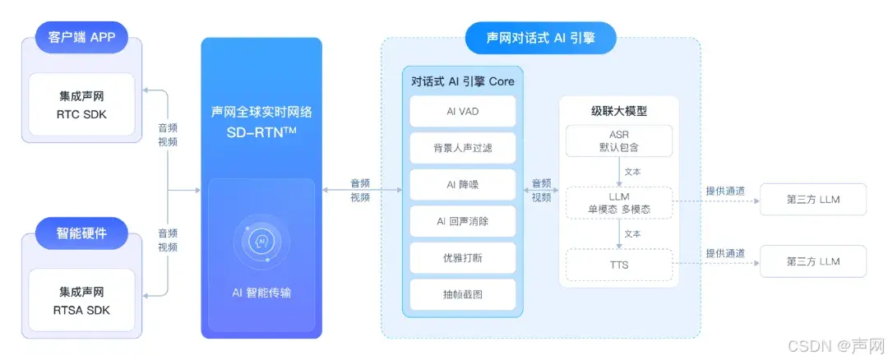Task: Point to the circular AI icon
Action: tap(261, 242)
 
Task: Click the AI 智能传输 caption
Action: tap(261, 293)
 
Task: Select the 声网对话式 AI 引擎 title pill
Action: tap(539, 38)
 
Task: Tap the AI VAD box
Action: tap(462, 111)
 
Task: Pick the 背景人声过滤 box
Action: tap(462, 148)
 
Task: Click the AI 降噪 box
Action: tap(462, 185)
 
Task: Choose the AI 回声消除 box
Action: tap(462, 221)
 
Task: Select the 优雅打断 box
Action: tap(462, 258)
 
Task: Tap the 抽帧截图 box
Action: tap(462, 294)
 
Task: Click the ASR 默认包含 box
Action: tap(618, 141)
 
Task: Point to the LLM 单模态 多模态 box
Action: tap(618, 203)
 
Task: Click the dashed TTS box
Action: tap(618, 263)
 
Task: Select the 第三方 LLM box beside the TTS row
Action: tap(812, 261)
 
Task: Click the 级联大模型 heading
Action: tap(618, 110)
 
